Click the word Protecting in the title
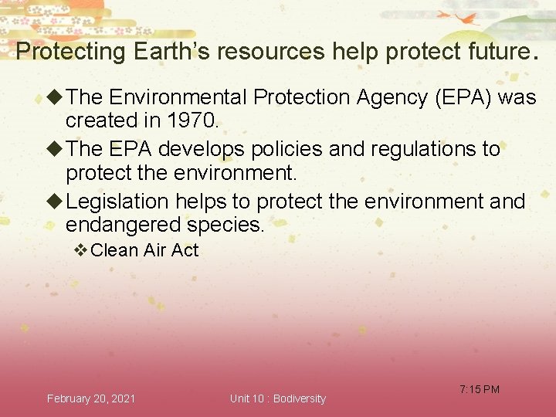70,52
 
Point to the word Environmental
178,97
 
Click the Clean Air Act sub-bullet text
144,250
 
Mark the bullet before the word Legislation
55,202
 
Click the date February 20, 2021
91,398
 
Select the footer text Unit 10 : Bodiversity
278,398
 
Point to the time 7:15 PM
480,389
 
